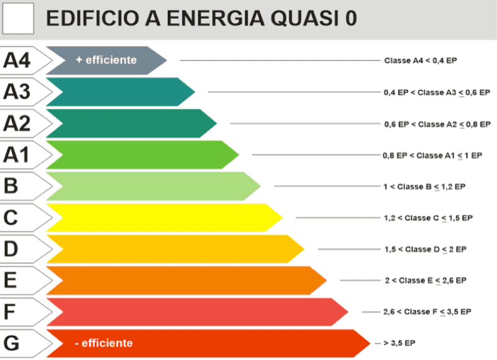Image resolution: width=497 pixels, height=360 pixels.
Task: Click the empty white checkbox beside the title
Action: [18, 19]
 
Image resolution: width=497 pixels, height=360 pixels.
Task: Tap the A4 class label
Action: [17, 60]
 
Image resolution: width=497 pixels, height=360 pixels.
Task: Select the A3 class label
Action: [17, 92]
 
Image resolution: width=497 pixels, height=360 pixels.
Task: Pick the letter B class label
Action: [11, 186]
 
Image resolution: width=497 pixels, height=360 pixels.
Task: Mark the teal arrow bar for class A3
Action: [118, 92]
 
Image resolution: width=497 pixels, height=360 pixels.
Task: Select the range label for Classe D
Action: [425, 249]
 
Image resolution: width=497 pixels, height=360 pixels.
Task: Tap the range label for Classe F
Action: [427, 312]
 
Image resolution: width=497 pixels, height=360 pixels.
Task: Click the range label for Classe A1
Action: [432, 155]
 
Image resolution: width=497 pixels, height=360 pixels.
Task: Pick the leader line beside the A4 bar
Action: [280, 61]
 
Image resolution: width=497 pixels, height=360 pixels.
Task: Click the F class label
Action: [10, 312]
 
